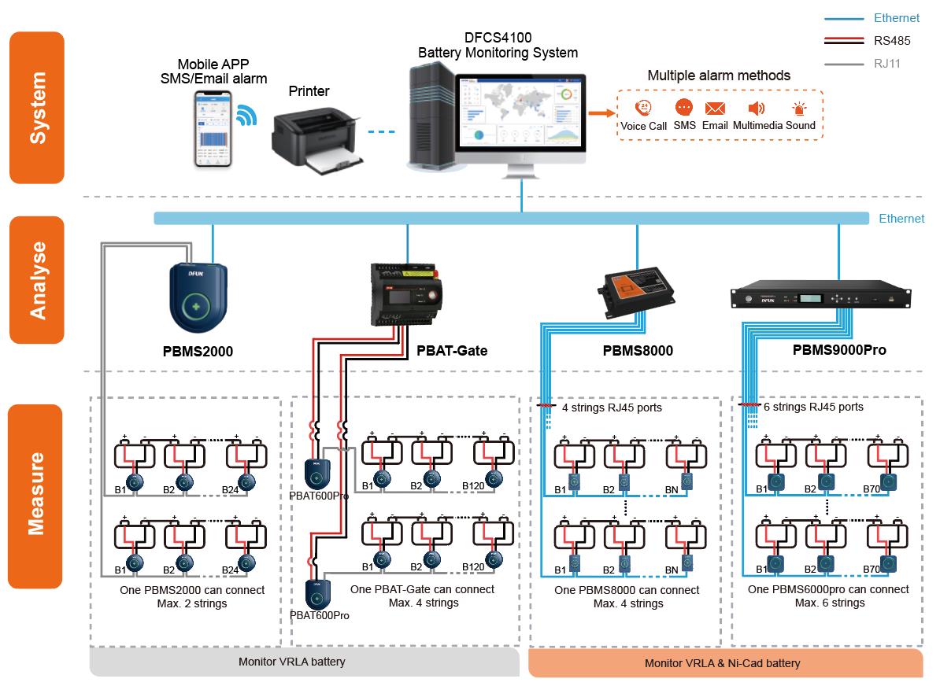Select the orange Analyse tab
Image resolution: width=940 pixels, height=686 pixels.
(37, 280)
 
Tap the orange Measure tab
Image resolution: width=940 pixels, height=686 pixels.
(35, 496)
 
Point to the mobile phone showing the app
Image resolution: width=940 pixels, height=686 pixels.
(213, 127)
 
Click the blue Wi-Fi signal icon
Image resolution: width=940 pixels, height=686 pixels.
(246, 116)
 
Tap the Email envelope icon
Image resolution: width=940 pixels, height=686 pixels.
(715, 109)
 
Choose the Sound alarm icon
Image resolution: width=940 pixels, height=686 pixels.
(800, 110)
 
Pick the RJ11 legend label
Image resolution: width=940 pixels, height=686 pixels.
(886, 64)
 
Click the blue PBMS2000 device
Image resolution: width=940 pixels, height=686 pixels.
(198, 297)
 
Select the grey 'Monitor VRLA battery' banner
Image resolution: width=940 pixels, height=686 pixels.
(303, 662)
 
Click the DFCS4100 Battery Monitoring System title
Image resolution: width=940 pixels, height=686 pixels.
(498, 46)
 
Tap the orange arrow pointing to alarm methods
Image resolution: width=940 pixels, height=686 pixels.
(602, 114)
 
